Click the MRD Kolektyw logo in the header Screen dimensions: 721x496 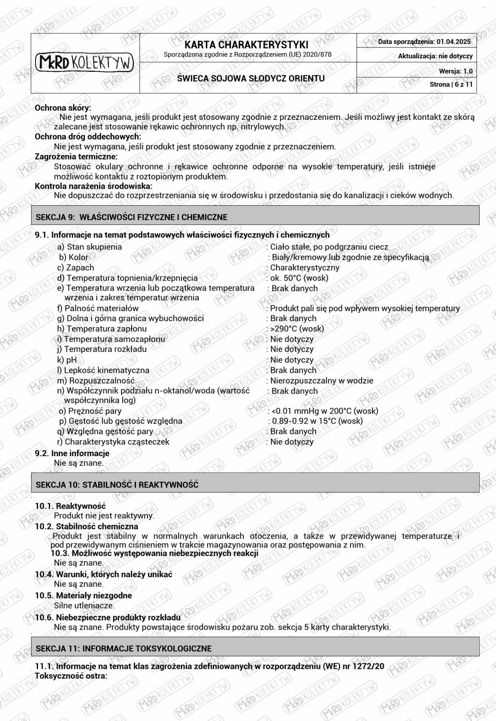pyautogui.click(x=85, y=62)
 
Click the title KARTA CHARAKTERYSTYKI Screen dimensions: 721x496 pyautogui.click(x=246, y=45)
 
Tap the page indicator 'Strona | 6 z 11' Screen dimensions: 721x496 pyautogui.click(x=451, y=84)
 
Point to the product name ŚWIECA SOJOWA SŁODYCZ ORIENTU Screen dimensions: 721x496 pyautogui.click(x=250, y=78)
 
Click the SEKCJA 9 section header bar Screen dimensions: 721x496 pyautogui.click(x=255, y=217)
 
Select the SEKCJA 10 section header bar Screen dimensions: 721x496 pyautogui.click(x=255, y=484)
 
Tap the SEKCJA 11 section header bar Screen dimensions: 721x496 pyautogui.click(x=255, y=648)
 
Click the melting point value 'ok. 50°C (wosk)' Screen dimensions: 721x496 pyautogui.click(x=299, y=278)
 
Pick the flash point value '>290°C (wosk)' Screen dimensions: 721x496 pyautogui.click(x=297, y=328)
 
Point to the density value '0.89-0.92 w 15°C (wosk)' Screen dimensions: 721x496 pyautogui.click(x=317, y=421)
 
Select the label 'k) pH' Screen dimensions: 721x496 pyautogui.click(x=67, y=359)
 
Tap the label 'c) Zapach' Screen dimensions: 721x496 pyautogui.click(x=76, y=267)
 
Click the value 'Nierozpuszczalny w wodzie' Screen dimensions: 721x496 pyautogui.click(x=322, y=380)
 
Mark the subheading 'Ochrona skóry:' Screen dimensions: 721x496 pyautogui.click(x=63, y=108)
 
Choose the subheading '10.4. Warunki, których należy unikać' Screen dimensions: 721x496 pyautogui.click(x=103, y=574)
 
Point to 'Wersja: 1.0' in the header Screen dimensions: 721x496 pyautogui.click(x=455, y=71)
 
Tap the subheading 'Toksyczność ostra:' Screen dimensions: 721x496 pyautogui.click(x=71, y=676)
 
